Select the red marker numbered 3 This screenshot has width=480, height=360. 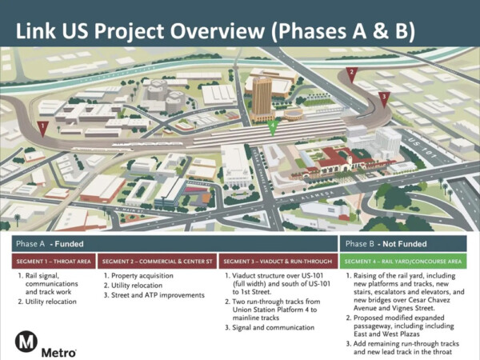pos(384,98)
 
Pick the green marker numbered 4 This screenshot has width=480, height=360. pos(272,126)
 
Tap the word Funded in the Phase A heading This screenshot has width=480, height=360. pos(69,243)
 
